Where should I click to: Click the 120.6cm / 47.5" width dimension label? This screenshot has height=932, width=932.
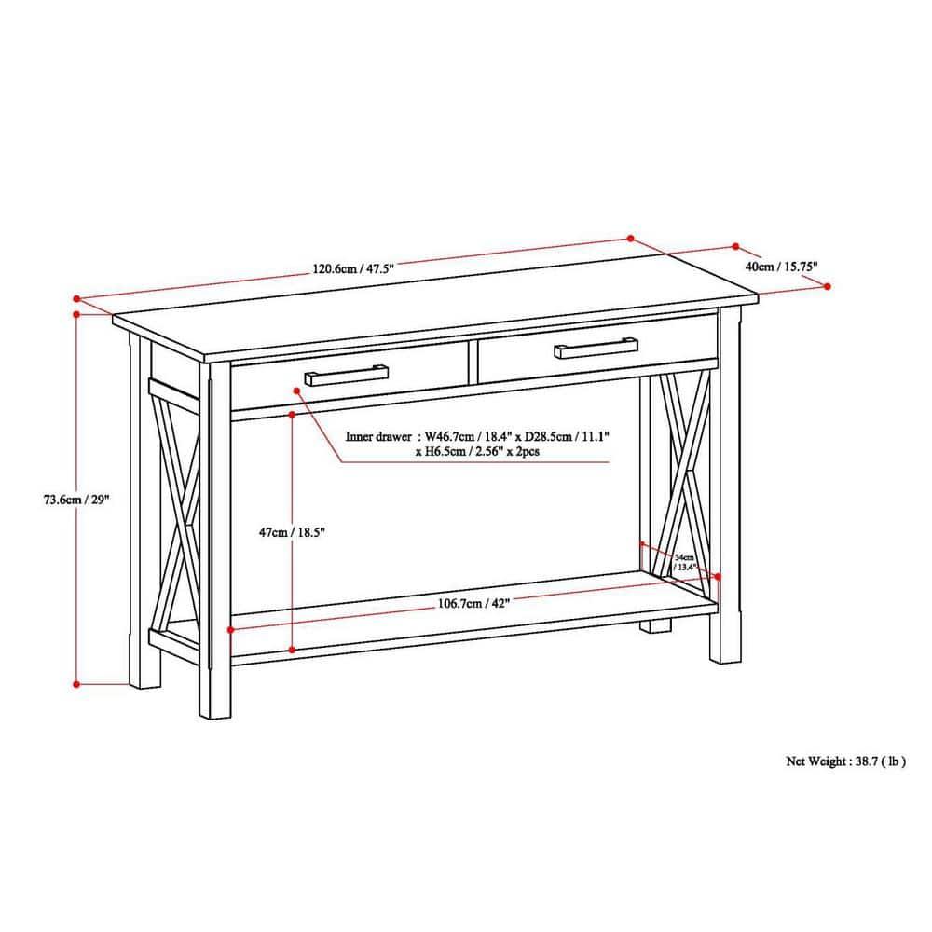pos(353,268)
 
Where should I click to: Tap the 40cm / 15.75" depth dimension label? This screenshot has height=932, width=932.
pos(781,267)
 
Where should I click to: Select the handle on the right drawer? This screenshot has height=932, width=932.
pos(596,349)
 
